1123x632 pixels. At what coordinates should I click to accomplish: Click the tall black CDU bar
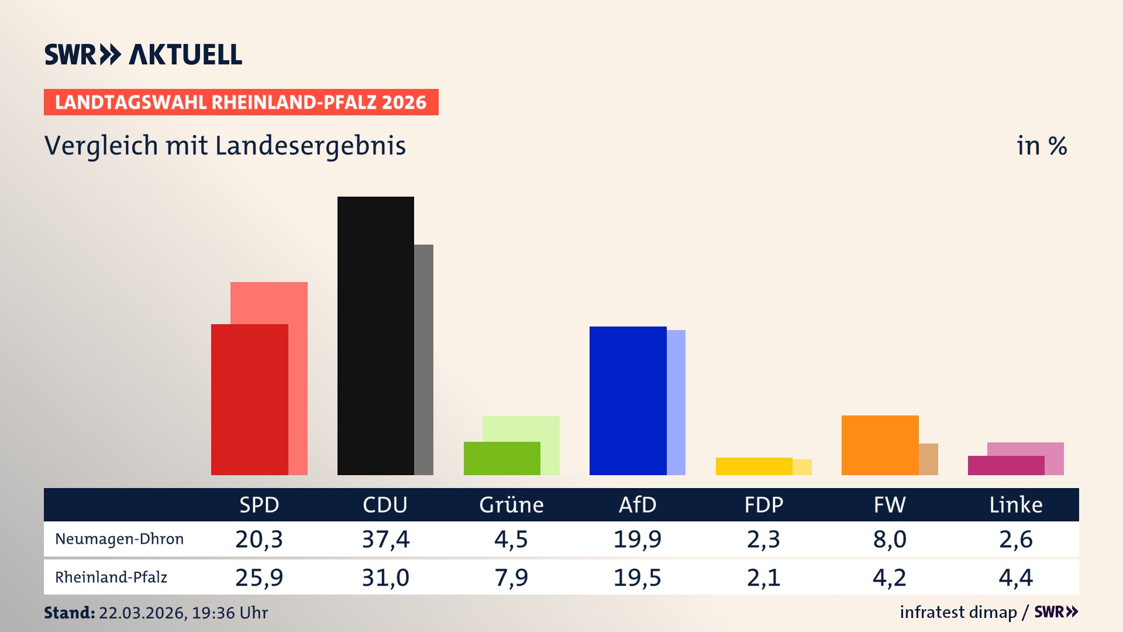376,336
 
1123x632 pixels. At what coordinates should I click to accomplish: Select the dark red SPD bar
249,400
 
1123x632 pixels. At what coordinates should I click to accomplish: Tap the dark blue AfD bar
628,401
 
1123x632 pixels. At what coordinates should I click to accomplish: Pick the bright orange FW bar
880,445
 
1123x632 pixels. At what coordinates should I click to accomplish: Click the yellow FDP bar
754,466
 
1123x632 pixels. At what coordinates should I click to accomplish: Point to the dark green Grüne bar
502,459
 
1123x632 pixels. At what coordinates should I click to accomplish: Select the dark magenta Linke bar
1006,466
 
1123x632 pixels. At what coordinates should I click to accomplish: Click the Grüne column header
511,505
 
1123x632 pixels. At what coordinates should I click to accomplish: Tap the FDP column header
763,505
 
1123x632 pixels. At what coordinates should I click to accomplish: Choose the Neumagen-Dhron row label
119,539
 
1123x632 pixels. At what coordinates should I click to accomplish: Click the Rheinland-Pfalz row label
111,578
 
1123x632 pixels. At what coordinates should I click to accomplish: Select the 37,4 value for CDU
385,539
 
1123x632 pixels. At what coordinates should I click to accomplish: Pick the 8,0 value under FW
890,539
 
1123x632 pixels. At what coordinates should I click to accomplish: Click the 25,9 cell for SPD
259,578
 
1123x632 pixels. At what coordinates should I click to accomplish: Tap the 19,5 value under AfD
637,578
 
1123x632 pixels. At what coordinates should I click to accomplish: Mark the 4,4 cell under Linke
1015,578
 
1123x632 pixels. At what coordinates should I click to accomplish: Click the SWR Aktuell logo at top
143,54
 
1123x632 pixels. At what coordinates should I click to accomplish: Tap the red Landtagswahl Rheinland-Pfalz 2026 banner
241,102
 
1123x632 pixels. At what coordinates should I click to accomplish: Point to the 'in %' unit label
1042,146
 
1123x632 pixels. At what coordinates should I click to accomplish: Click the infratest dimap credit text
958,612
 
